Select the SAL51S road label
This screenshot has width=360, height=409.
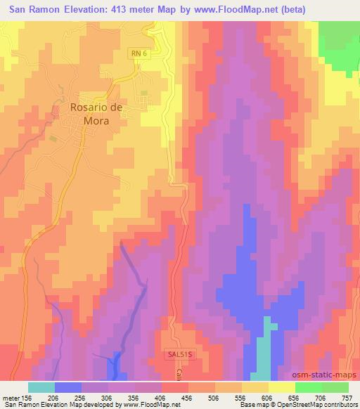click(x=180, y=356)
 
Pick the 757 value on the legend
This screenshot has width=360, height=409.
click(x=349, y=397)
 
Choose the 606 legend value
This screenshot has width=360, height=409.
click(x=269, y=397)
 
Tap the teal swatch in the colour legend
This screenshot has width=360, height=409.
click(x=41, y=387)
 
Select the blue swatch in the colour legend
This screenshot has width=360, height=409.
click(x=67, y=387)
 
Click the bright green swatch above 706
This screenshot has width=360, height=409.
click(x=308, y=387)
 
